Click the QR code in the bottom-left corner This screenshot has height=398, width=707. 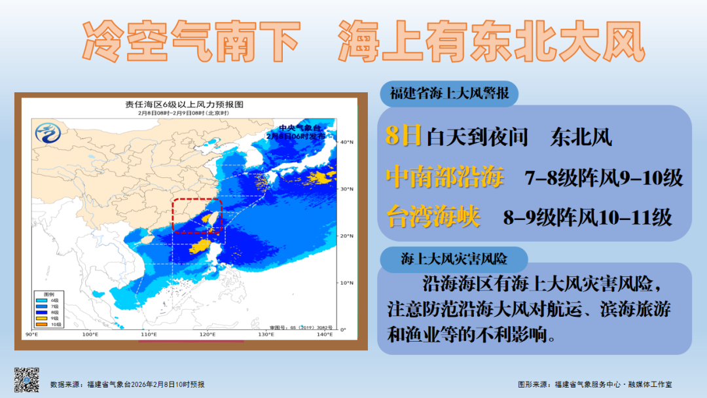[x=27, y=380]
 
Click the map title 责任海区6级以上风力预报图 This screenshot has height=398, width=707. [x=184, y=105]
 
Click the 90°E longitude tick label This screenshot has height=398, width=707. [x=31, y=335]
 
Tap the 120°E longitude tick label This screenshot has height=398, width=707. [x=207, y=335]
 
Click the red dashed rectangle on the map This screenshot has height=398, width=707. [x=197, y=215]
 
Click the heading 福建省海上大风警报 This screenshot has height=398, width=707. [x=449, y=94]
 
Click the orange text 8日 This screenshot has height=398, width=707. [x=403, y=136]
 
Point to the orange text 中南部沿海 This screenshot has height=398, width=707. [x=445, y=177]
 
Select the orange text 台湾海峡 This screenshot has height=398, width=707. [x=433, y=216]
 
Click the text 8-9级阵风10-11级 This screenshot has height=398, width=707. [x=587, y=217]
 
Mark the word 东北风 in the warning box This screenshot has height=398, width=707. [x=581, y=137]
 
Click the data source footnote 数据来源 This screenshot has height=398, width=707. [x=128, y=384]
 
